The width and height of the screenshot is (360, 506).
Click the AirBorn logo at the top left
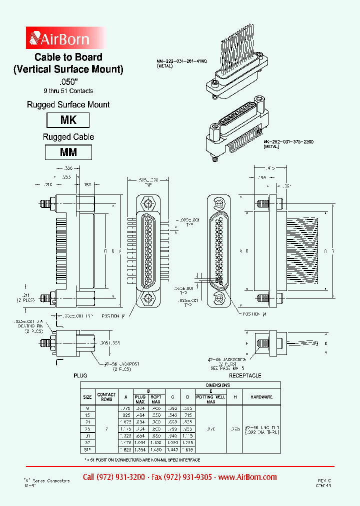click(59, 38)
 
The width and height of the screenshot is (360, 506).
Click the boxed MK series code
click(68, 120)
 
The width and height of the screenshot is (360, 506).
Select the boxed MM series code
click(68, 152)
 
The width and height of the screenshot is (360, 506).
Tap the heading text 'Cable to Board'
click(68, 57)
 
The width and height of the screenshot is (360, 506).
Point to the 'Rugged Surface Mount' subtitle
click(68, 104)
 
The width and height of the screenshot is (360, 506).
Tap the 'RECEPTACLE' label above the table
click(245, 375)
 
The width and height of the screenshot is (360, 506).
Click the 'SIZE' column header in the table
click(87, 396)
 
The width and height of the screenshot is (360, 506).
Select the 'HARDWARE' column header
click(261, 396)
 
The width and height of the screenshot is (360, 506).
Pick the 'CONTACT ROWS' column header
click(106, 396)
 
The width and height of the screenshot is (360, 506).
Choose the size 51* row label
click(87, 449)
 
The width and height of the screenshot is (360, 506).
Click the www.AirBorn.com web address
click(248, 477)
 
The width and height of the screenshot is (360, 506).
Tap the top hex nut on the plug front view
click(148, 204)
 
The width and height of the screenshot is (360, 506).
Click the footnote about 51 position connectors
click(142, 459)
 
